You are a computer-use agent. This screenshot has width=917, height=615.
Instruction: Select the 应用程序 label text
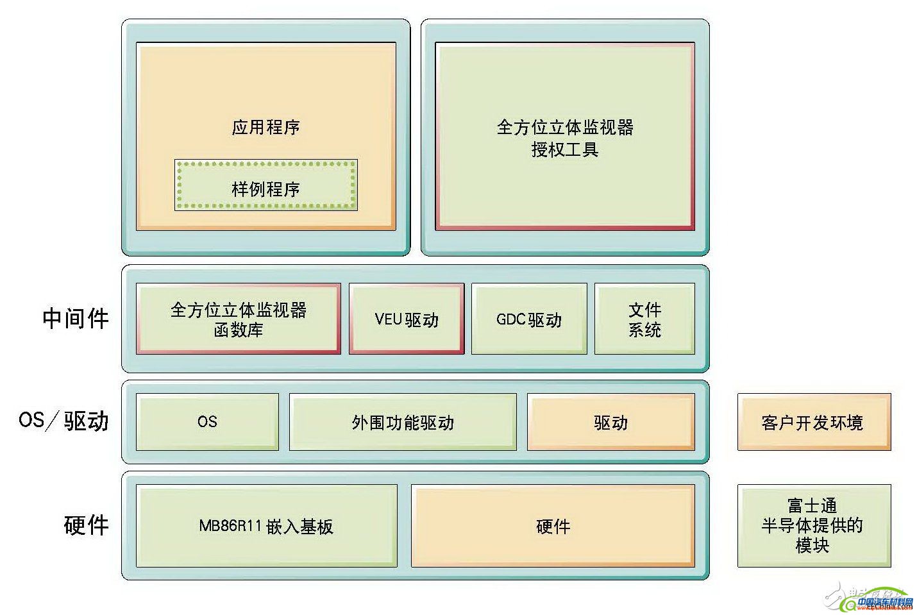265,127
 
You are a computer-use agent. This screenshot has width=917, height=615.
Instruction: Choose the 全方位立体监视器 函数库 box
238,319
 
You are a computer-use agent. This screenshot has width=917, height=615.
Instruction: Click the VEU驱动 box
407,319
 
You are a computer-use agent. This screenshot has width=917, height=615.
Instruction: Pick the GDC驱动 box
529,319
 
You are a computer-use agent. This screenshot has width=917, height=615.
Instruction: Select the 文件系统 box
644,319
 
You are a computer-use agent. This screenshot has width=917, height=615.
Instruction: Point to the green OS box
207,421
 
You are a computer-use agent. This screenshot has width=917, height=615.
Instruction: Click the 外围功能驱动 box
403,422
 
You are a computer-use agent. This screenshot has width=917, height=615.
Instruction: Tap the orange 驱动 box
610,422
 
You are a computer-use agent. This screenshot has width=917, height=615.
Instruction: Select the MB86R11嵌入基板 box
266,526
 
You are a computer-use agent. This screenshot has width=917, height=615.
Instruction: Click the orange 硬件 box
553,526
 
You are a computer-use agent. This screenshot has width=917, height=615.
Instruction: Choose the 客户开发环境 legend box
814,422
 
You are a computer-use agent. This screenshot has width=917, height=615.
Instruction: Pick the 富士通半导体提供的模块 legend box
814,526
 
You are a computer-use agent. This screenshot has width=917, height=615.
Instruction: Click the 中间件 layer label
76,318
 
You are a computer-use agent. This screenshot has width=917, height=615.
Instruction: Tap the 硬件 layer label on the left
86,525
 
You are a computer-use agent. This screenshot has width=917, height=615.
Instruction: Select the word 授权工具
564,149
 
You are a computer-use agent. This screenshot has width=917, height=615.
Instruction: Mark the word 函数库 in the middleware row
238,330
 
